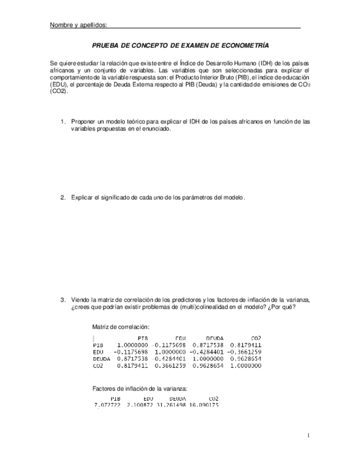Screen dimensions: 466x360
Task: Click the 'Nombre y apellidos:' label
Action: click(78, 25)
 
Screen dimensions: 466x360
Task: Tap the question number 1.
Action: click(63, 121)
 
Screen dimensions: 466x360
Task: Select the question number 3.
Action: click(63, 299)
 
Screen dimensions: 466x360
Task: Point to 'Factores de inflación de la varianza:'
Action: click(140, 389)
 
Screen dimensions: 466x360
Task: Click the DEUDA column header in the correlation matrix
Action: click(214, 337)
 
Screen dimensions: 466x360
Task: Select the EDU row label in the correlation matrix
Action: click(98, 352)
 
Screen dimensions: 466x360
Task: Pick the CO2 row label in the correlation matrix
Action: click(98, 365)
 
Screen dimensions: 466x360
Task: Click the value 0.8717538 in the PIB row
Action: click(208, 345)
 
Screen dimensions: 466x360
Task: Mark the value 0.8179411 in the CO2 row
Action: click(132, 365)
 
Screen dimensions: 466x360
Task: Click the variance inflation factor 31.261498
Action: click(178, 405)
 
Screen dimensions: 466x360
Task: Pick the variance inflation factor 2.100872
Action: click(142, 405)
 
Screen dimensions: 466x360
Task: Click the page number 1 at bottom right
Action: click(309, 436)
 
